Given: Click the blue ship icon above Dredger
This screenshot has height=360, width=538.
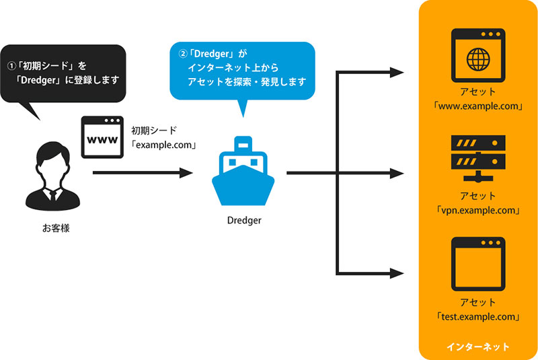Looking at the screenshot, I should coord(243,174).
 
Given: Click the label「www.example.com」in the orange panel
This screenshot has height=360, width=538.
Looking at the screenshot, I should coord(478,106).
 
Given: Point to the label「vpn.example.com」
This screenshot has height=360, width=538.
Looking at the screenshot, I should coord(478,210).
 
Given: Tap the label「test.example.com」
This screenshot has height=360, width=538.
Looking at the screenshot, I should coord(478,316).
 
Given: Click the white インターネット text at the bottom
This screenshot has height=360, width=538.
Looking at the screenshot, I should coord(478,347).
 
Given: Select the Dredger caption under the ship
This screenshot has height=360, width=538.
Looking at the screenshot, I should coord(243,220).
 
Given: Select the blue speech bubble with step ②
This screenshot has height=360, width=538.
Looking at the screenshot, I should coord(242,71).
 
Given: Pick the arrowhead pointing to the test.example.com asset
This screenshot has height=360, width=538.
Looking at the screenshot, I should coord(397,273).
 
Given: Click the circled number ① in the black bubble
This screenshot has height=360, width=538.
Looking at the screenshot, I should coord(11,67).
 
